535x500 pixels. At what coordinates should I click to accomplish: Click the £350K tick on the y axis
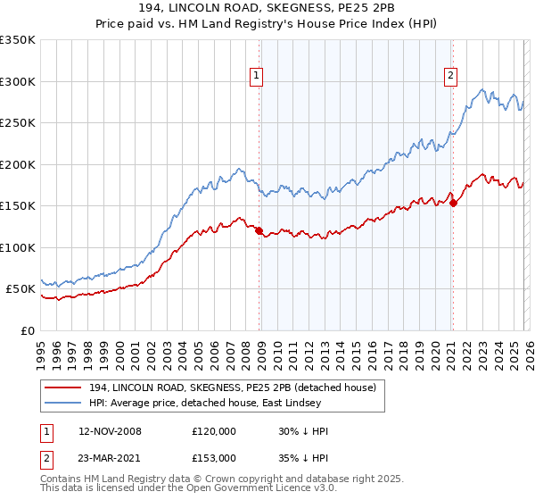(18, 40)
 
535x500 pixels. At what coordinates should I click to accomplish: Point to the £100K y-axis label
(18, 247)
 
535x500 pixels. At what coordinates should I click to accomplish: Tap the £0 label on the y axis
(27, 330)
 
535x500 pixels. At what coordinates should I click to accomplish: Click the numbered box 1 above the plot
(256, 77)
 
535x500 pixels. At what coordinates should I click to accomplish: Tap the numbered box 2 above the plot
(451, 77)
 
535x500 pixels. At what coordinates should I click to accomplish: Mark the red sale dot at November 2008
(259, 231)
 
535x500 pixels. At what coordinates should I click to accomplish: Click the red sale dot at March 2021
(453, 204)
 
